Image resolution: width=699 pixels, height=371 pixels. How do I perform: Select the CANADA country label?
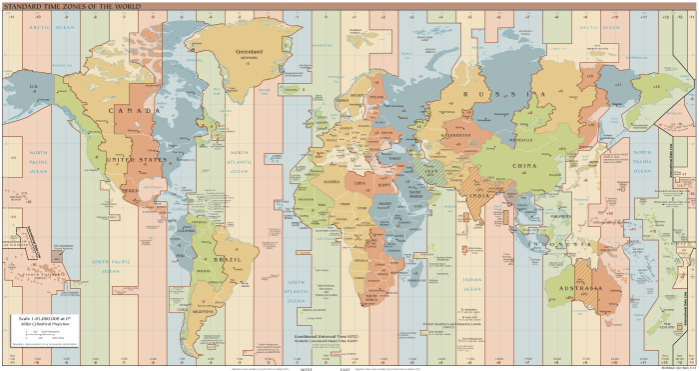134,110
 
